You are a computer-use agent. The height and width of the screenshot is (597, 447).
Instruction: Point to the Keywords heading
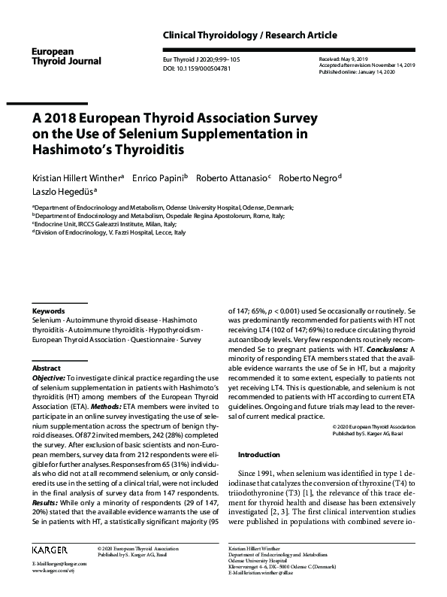(49, 311)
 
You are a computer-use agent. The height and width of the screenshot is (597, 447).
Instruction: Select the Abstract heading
(46, 369)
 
